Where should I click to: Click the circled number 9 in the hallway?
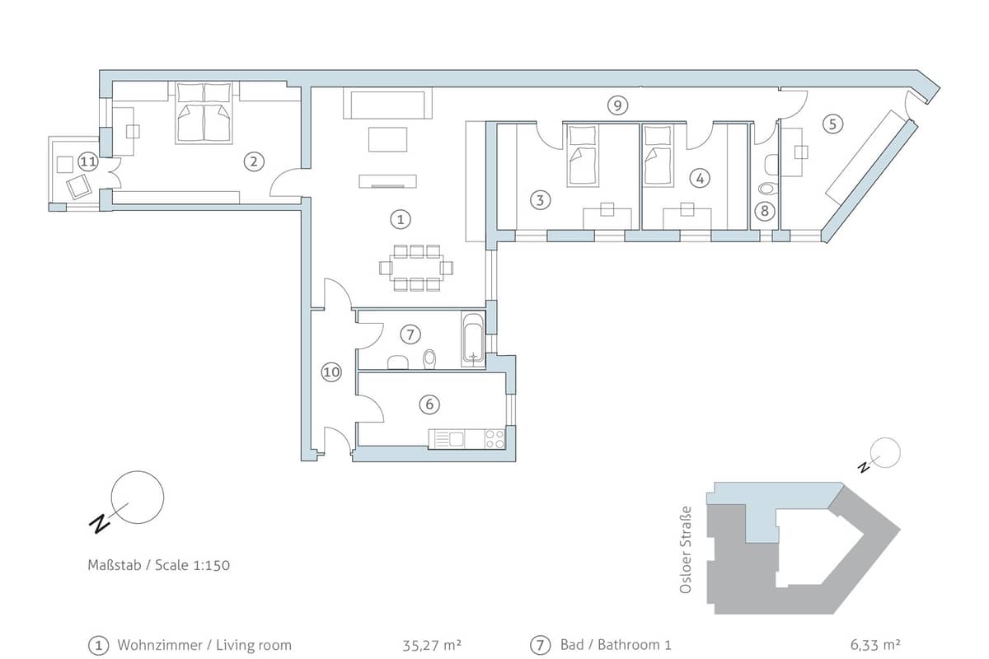[617, 105]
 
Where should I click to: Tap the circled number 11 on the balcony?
[88, 162]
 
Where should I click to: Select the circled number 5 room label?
[832, 124]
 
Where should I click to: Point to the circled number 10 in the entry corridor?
[331, 372]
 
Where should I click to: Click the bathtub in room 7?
[473, 339]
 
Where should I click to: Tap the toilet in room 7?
[429, 359]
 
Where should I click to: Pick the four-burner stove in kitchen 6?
[495, 439]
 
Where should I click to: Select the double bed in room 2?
[204, 113]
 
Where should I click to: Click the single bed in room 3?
[583, 156]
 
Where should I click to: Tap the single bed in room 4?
[659, 156]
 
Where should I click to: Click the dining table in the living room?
[416, 268]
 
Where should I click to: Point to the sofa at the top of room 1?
[387, 103]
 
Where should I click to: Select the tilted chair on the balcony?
[79, 187]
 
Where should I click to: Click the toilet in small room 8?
[769, 189]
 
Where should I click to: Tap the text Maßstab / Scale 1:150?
[159, 565]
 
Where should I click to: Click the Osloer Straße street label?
[685, 549]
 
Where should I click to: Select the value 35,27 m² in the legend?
[432, 645]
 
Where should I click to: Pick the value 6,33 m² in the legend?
[875, 645]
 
